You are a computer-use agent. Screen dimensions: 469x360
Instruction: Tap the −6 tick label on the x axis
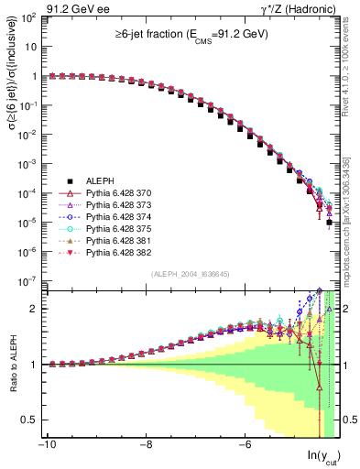[245, 445]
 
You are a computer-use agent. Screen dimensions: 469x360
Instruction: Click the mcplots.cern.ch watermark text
[345, 220]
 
